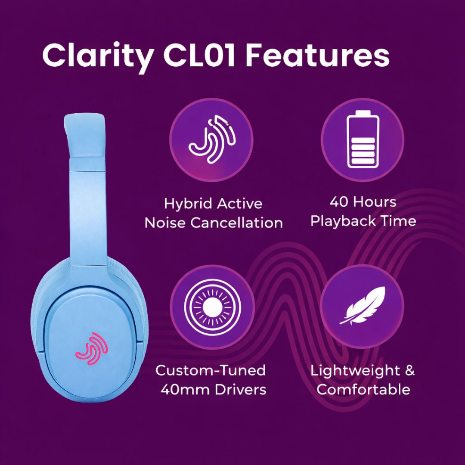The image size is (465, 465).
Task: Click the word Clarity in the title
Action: (x=97, y=55)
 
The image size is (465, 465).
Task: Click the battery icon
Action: (x=363, y=140)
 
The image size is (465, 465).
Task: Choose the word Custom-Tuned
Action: (x=211, y=370)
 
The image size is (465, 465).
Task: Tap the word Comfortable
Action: (x=363, y=390)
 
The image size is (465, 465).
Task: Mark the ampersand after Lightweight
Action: (x=410, y=370)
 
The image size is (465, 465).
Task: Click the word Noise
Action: (x=165, y=223)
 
